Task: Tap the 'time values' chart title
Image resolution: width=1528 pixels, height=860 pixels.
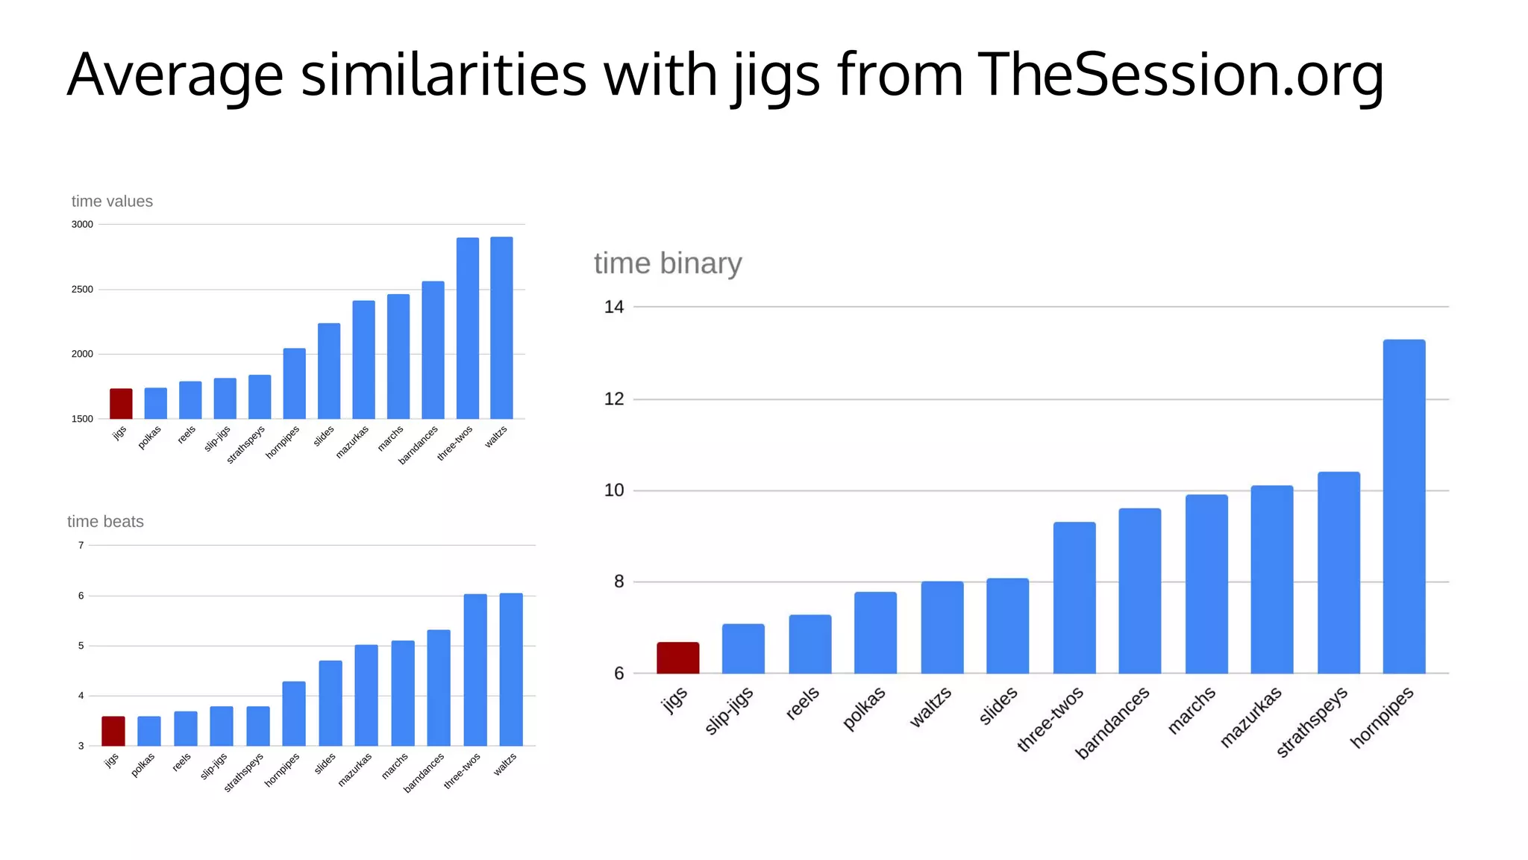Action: click(x=112, y=202)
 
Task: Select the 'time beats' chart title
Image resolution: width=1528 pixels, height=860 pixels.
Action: click(x=105, y=522)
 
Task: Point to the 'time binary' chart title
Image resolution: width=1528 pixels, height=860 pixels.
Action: click(x=668, y=264)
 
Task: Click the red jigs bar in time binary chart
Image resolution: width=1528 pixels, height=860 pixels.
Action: click(x=677, y=658)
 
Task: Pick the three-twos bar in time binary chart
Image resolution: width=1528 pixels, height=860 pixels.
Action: click(x=1074, y=597)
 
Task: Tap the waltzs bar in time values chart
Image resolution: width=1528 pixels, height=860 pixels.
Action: click(x=501, y=328)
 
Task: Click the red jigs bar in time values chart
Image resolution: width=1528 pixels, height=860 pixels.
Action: click(x=121, y=404)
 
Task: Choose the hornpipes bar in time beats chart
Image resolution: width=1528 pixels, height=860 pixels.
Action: click(x=294, y=713)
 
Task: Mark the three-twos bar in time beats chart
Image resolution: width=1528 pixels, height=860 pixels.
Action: click(x=475, y=670)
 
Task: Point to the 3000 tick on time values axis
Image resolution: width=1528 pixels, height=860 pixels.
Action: click(x=82, y=225)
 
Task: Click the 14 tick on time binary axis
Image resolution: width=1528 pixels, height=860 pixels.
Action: click(x=614, y=307)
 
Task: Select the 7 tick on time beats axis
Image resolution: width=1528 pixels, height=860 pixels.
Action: click(x=81, y=546)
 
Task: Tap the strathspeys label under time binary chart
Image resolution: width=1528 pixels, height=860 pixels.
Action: click(x=1312, y=721)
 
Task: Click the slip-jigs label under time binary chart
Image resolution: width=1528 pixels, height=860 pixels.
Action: click(x=729, y=710)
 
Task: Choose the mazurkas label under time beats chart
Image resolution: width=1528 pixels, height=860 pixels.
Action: click(x=354, y=770)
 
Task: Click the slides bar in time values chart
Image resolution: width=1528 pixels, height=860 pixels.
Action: click(x=329, y=371)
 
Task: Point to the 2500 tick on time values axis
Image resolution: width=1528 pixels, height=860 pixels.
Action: click(x=82, y=290)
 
